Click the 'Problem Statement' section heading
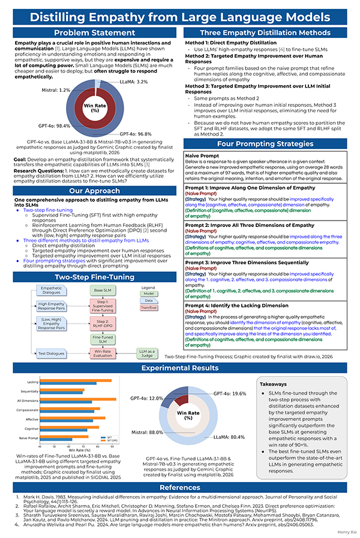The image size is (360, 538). pos(89,33)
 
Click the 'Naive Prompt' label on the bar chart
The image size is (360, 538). pos(29,439)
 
